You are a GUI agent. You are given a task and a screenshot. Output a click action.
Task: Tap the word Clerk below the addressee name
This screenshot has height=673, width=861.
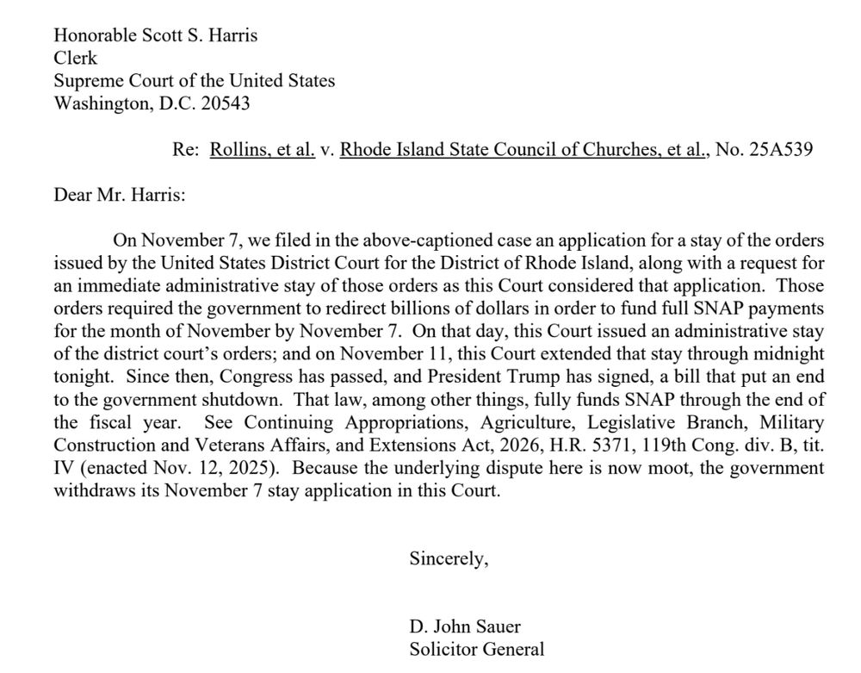coord(75,58)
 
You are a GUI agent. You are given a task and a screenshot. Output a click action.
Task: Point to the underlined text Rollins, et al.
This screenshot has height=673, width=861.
coord(263,150)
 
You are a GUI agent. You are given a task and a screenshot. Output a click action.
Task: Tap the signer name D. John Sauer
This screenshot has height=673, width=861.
coord(465,626)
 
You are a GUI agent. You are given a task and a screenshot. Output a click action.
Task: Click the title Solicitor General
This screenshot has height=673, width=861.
coord(476,649)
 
